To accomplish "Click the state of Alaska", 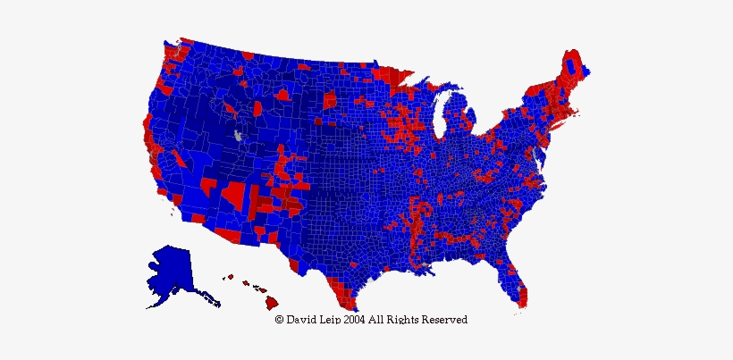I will coord(170,272).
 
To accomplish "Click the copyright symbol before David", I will coord(280,319).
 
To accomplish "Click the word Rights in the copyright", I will coord(403,319).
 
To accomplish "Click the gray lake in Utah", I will coord(238,136).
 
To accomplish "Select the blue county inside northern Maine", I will coord(572,67).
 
